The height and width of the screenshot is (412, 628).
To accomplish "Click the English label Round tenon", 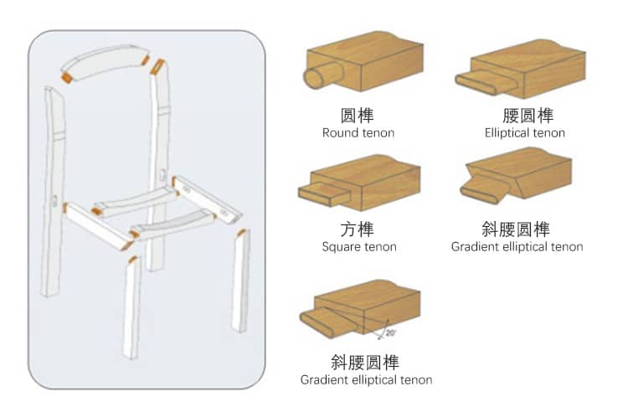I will click(358, 132).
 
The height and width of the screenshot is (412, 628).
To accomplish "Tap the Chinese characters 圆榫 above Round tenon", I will click(358, 115).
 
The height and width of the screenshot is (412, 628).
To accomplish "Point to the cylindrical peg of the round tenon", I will click(316, 80).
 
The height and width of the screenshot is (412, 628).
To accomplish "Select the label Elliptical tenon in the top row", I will click(524, 132).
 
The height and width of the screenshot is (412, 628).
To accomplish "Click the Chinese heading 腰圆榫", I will click(524, 115).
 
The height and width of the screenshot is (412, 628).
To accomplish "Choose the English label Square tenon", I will click(359, 246).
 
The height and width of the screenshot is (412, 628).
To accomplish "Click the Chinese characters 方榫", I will click(358, 229).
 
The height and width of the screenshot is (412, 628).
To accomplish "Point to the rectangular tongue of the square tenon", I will click(322, 195).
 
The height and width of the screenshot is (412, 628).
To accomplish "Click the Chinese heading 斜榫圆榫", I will click(517, 229).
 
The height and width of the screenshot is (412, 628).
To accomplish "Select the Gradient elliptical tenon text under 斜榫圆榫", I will click(517, 246).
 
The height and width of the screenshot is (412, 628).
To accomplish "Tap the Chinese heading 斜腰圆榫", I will click(365, 362).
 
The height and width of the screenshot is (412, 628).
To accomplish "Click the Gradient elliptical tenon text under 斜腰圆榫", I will click(366, 379).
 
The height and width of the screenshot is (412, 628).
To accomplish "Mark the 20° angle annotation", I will click(390, 333).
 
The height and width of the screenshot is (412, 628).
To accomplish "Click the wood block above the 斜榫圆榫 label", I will click(531, 175).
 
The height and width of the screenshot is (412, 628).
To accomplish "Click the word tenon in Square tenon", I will click(378, 246).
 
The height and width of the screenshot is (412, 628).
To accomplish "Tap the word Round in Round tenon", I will click(339, 132).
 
